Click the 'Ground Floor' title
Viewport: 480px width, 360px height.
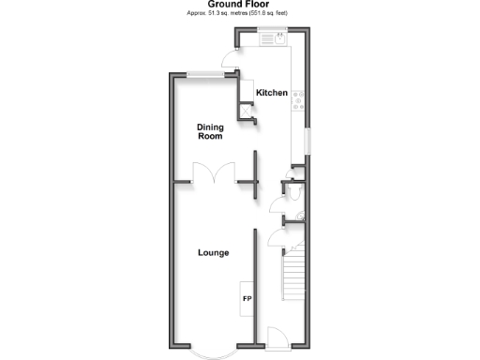(240, 5)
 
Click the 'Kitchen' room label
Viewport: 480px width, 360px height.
(272, 93)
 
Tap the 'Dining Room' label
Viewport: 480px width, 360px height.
(210, 132)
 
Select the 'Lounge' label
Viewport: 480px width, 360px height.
(214, 252)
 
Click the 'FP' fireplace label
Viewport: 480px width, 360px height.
(247, 299)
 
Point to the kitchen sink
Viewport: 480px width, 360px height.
(278, 39)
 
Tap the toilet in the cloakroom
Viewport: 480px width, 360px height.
(293, 192)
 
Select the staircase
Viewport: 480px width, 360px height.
(293, 277)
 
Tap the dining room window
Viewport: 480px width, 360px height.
(203, 74)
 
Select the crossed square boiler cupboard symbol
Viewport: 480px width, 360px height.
(248, 112)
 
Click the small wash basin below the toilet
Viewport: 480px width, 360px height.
(298, 217)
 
